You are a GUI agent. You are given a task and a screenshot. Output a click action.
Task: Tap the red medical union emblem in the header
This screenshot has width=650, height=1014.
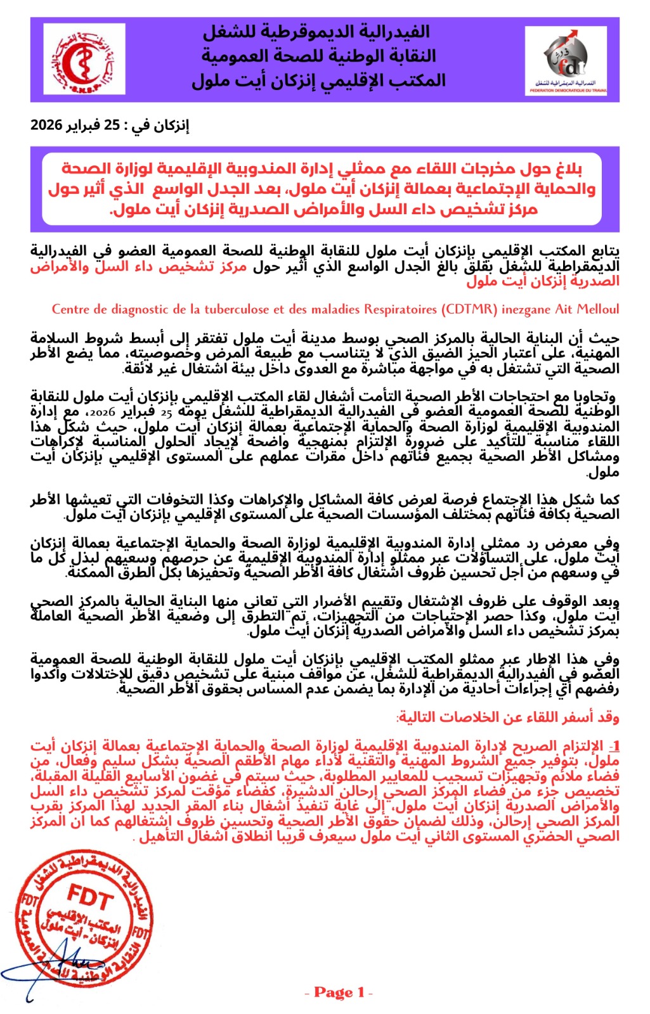pyautogui.click(x=84, y=60)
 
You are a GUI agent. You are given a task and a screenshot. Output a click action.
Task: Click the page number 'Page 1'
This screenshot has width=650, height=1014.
pyautogui.click(x=339, y=992)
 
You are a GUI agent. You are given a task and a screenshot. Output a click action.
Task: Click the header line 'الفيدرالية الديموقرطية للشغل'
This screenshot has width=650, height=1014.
pyautogui.click(x=316, y=32)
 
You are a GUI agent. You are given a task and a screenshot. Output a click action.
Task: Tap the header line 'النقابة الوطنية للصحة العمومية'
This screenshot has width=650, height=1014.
pyautogui.click(x=319, y=56)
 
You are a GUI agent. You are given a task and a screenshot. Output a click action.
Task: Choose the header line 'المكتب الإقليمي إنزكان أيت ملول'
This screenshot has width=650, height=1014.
pyautogui.click(x=319, y=81)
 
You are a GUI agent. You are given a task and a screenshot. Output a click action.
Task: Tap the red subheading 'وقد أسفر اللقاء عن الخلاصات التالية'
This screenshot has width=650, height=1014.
pyautogui.click(x=508, y=717)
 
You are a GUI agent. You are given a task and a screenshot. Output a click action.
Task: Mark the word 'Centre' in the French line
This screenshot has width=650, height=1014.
pyautogui.click(x=71, y=309)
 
